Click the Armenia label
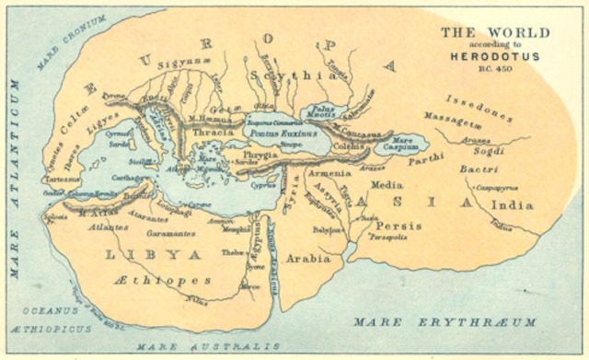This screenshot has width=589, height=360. click(x=329, y=172)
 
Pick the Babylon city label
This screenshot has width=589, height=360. click(x=326, y=230)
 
